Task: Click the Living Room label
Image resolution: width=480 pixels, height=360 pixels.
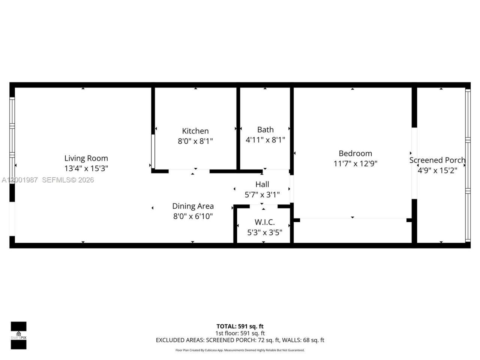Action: (x=86, y=158)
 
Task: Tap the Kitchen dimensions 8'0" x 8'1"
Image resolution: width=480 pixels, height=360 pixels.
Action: (x=195, y=141)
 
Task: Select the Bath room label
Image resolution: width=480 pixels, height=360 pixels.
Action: (x=265, y=130)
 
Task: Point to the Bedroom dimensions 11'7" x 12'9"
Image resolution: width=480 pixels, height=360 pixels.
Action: (x=355, y=163)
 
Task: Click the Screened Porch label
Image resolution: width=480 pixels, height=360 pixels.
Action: (x=437, y=160)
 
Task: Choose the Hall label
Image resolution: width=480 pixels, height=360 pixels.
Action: (x=262, y=184)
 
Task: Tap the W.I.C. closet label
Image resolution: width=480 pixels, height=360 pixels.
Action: (x=264, y=222)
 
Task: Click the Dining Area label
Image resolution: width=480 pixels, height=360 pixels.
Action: (x=193, y=206)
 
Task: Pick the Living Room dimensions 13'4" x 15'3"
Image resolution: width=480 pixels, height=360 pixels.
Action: (x=86, y=169)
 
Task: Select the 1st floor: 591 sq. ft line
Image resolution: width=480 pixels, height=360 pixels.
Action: (x=240, y=333)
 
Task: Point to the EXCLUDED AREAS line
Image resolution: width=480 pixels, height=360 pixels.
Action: (x=240, y=340)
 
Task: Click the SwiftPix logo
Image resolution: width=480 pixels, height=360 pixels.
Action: (x=18, y=335)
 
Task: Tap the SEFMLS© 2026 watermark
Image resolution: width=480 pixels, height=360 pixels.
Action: (x=68, y=180)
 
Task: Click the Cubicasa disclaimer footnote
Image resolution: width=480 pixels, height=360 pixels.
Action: (x=240, y=350)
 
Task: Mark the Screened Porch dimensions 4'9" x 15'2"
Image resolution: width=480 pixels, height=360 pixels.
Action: (x=437, y=171)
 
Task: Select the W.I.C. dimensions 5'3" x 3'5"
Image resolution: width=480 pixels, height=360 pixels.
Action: (x=264, y=232)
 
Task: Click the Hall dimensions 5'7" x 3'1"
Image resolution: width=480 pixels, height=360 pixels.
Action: (x=262, y=195)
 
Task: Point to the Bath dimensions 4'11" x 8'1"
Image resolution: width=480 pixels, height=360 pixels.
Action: (x=265, y=140)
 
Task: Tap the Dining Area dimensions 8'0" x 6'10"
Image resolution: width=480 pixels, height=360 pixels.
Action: (x=193, y=216)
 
